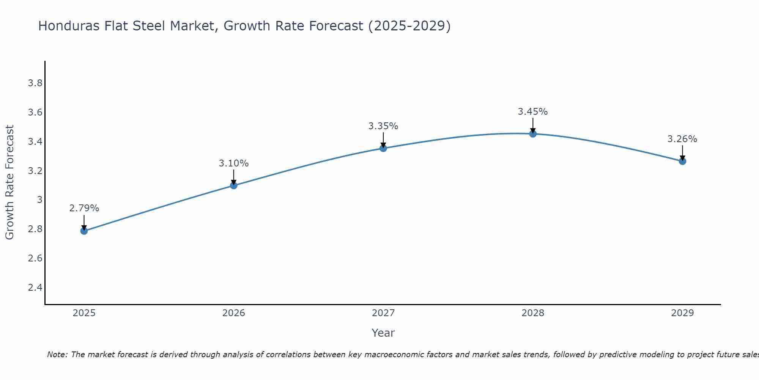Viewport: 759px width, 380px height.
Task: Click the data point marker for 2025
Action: point(84,231)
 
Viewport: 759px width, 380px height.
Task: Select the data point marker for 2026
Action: point(234,185)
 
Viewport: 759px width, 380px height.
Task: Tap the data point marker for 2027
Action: point(383,148)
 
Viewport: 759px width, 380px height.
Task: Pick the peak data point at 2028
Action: point(533,134)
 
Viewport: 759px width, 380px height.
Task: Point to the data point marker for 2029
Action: point(682,161)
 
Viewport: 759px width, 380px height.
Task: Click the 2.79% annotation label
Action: point(84,208)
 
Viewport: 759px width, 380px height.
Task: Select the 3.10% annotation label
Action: point(234,163)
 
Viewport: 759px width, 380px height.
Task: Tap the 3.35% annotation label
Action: point(383,126)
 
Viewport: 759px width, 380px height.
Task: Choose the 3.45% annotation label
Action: point(533,112)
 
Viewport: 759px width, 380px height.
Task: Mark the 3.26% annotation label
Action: point(682,139)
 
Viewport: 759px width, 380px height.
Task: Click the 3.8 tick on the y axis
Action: point(35,83)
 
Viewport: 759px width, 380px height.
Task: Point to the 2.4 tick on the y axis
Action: point(35,287)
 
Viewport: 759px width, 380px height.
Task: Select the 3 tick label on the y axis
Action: point(39,200)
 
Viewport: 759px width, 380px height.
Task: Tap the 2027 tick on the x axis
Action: point(383,313)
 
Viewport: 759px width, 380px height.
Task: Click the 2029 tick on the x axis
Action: point(682,313)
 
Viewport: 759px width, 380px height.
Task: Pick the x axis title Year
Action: point(383,333)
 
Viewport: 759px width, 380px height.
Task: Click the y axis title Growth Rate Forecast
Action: point(9,182)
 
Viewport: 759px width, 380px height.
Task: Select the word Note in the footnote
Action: point(57,355)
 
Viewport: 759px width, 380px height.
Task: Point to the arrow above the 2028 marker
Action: point(533,125)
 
